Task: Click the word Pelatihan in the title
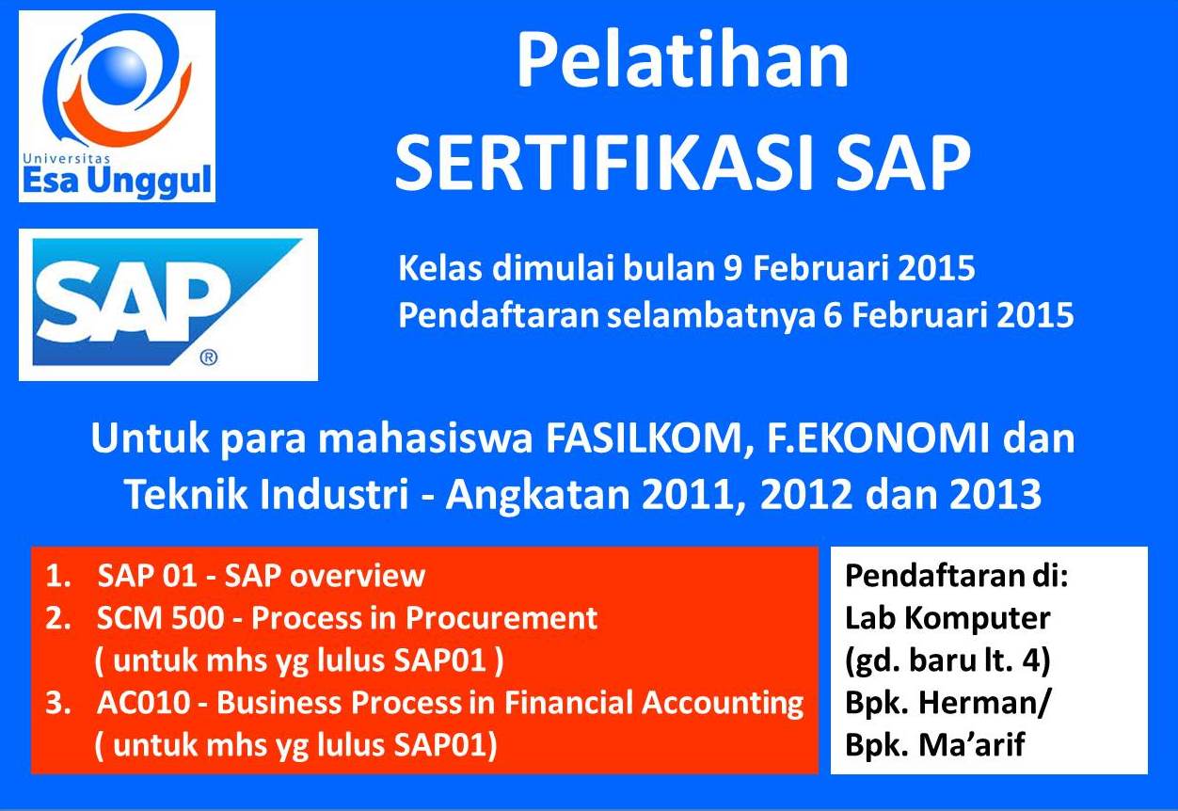682,59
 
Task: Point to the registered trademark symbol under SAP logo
209,358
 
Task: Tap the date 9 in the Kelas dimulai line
732,268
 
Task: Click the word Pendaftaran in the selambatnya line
499,316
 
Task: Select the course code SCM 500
160,618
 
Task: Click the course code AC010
144,703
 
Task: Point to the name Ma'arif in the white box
972,745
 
